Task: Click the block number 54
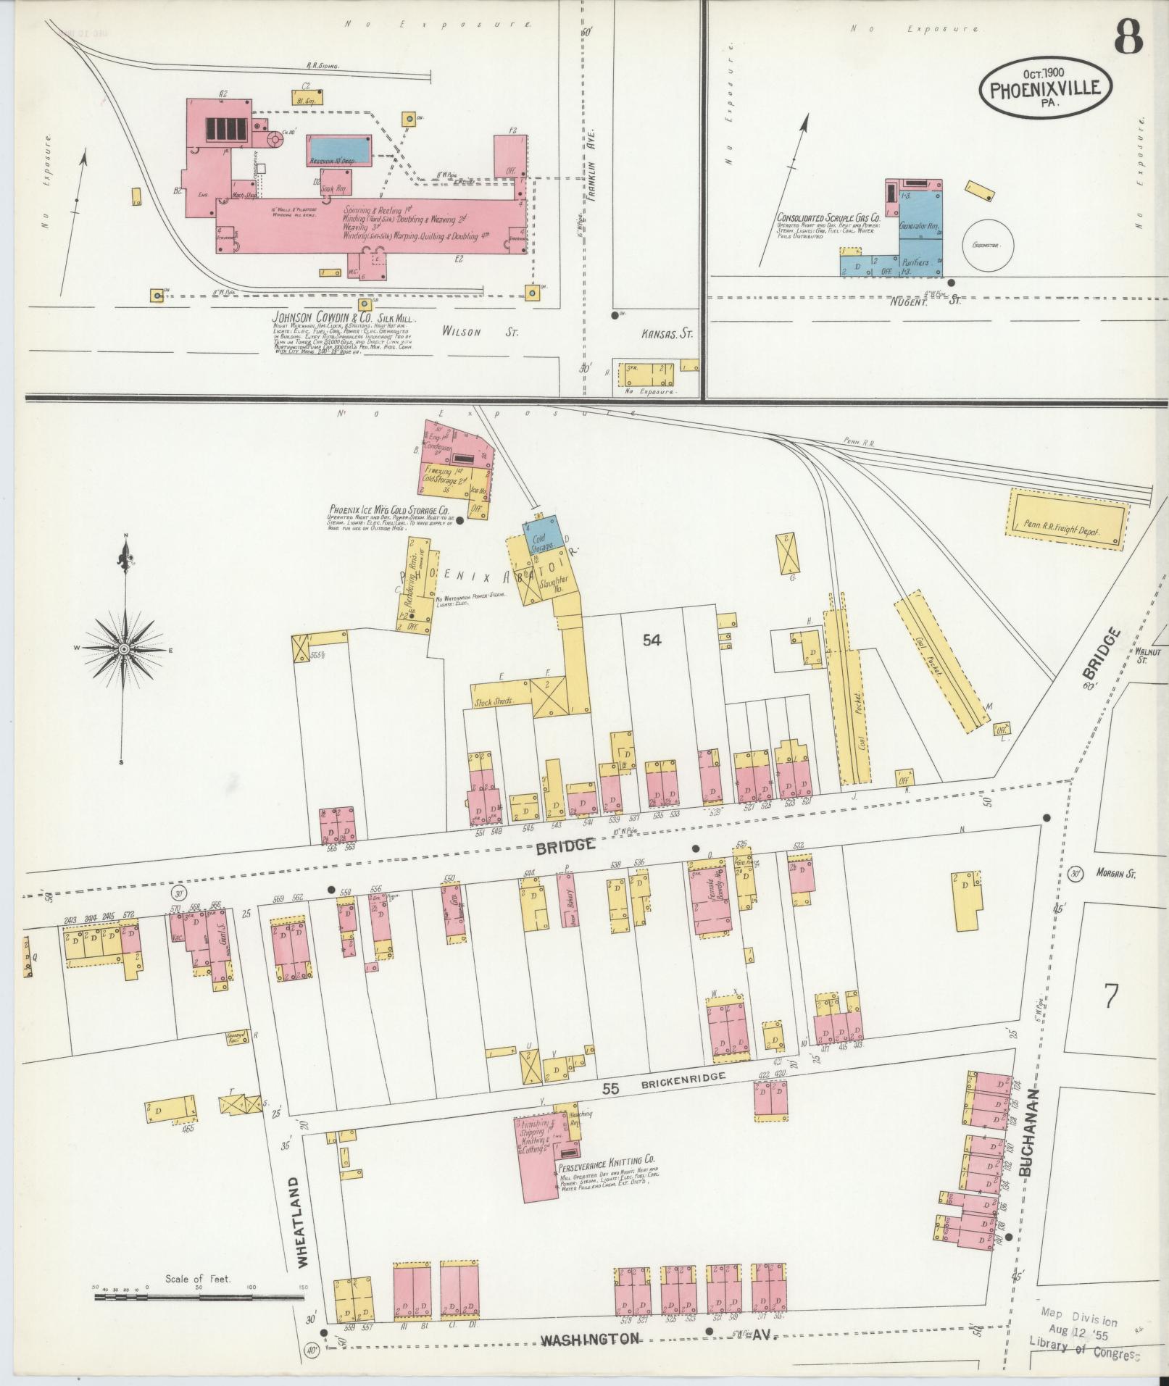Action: coord(652,640)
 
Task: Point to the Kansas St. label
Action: coord(667,334)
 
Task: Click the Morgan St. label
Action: coord(1115,874)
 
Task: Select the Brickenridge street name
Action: coord(683,1077)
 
